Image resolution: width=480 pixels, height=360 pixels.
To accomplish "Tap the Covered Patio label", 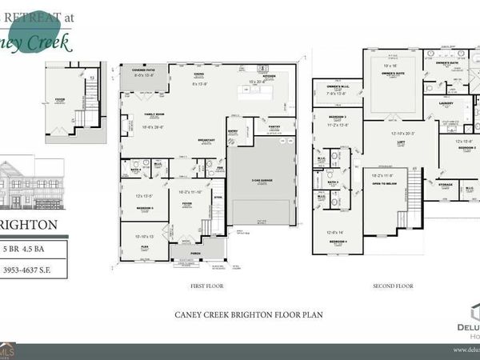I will point(143,70).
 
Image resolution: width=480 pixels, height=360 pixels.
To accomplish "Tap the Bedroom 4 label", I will point(338,241).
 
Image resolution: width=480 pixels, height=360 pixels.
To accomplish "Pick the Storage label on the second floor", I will point(445,185).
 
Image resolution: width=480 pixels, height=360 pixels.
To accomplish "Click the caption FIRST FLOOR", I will point(208,286).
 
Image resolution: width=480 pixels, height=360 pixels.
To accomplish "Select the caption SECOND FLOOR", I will point(392,286).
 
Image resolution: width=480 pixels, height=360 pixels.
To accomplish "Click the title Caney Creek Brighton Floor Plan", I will point(248,314).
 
